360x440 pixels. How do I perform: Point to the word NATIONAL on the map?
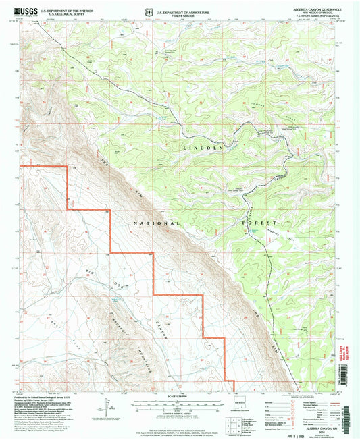157,222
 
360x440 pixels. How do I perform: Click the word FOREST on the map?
259,222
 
